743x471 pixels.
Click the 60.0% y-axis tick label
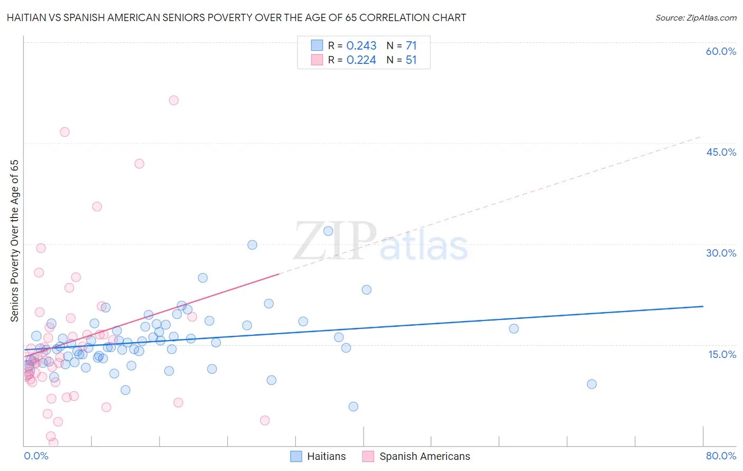tap(721, 51)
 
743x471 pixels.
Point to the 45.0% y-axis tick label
tap(721, 152)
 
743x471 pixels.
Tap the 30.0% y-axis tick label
tap(721, 253)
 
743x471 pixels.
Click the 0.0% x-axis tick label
tap(36, 456)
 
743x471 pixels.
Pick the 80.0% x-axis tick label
tap(721, 456)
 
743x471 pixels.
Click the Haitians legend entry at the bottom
tap(318, 456)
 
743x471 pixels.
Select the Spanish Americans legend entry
tap(416, 456)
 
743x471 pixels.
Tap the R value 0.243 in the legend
tap(361, 46)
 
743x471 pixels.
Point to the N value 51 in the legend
tap(411, 60)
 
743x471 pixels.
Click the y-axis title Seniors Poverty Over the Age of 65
tap(15, 240)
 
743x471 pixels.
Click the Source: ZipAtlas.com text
tap(695, 18)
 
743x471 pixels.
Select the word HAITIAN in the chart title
tap(28, 18)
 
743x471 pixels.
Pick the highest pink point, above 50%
tap(173, 100)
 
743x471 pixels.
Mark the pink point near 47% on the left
tap(64, 132)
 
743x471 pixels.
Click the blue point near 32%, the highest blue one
tap(328, 231)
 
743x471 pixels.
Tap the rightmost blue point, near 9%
tap(592, 384)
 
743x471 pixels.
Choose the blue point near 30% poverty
tap(252, 245)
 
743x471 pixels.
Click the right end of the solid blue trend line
tap(703, 306)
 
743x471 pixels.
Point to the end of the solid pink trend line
tap(278, 274)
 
